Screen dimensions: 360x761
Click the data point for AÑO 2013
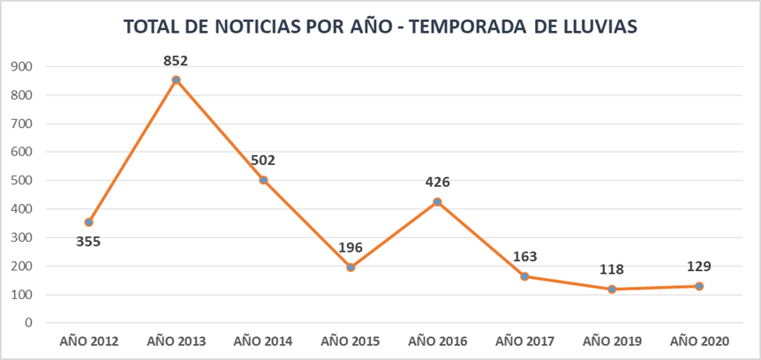click(176, 80)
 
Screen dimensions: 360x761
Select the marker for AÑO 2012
click(88, 222)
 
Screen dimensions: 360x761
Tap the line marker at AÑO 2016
click(437, 202)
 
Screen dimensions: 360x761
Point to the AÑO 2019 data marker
click(612, 289)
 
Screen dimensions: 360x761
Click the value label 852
click(176, 61)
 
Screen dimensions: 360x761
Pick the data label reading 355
click(88, 241)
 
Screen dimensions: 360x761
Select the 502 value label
click(263, 161)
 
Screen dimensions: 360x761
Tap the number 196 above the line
click(350, 248)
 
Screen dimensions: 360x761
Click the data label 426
click(437, 183)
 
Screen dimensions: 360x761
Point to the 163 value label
click(524, 257)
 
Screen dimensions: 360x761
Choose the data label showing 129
click(699, 266)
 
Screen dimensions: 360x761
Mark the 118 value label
click(612, 270)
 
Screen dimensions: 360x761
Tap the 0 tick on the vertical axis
click(28, 323)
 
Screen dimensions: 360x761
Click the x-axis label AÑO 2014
click(263, 340)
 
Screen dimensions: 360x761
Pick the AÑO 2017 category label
click(524, 340)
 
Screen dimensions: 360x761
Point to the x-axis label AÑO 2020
click(699, 340)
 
